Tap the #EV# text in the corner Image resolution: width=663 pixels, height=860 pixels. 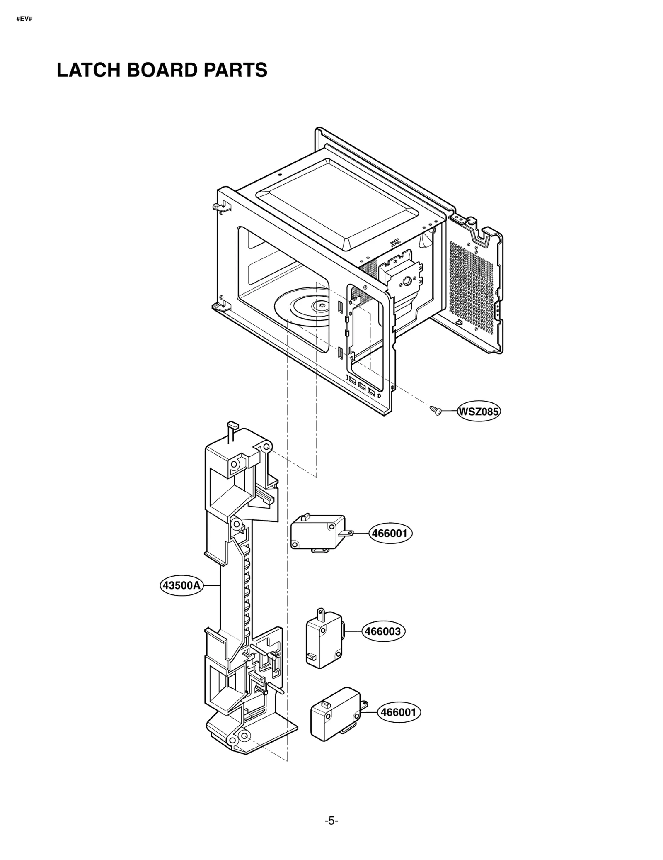click(24, 19)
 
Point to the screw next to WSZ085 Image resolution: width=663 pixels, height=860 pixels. click(436, 410)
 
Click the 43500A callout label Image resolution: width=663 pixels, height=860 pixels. click(181, 585)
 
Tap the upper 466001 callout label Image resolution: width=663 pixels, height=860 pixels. click(390, 533)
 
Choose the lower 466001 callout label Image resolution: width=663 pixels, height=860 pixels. click(399, 712)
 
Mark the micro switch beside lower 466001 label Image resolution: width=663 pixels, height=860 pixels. click(336, 714)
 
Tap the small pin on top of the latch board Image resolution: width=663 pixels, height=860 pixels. click(232, 426)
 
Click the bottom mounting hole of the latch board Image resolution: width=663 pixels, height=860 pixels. click(244, 736)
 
